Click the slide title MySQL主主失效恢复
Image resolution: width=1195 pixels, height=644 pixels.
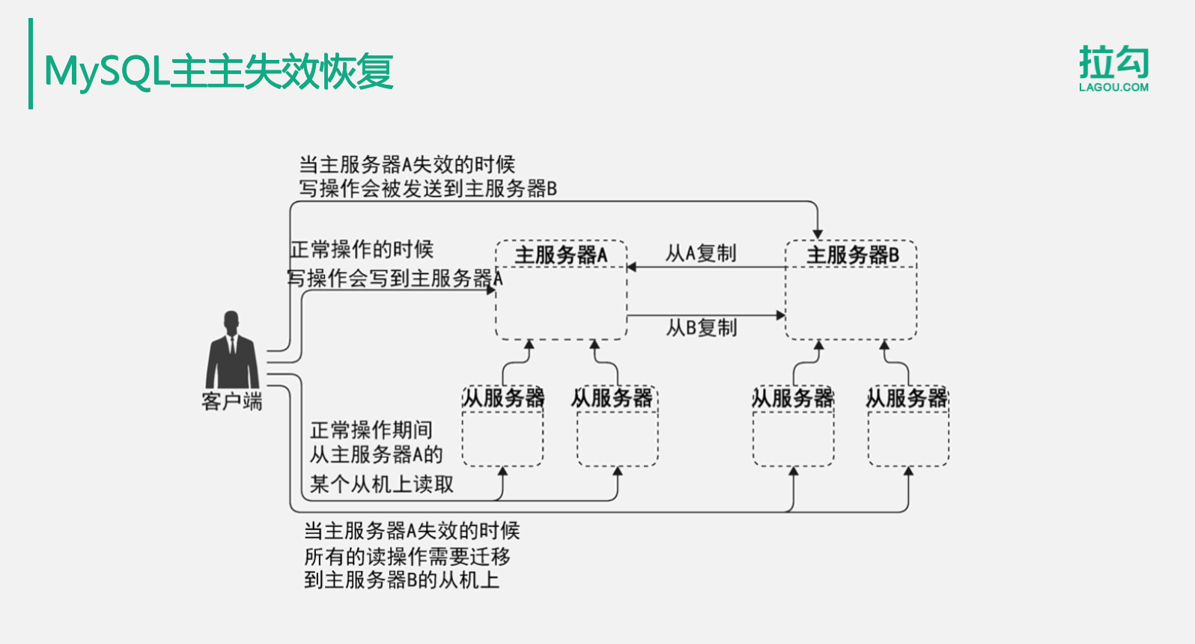(x=219, y=71)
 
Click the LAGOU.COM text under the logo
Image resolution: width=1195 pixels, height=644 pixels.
(x=1113, y=88)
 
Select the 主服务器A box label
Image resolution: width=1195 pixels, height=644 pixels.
(x=561, y=255)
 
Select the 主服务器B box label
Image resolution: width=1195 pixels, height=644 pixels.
(x=852, y=255)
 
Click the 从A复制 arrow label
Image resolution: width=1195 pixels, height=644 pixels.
(x=701, y=253)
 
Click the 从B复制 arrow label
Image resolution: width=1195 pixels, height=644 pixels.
(x=702, y=328)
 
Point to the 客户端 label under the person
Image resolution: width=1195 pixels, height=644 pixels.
(x=231, y=402)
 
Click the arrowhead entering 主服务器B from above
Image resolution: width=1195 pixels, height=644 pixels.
(x=818, y=234)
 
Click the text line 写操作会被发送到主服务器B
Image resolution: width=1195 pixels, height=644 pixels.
(x=428, y=189)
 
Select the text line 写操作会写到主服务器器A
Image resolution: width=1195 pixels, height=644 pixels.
(x=395, y=279)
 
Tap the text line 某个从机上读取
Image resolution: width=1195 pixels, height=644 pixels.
(x=382, y=484)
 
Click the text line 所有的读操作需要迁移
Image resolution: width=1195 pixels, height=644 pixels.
(x=407, y=556)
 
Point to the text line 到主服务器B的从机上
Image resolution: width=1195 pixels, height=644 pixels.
(x=401, y=580)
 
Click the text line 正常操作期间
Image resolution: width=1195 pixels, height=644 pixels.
(x=371, y=430)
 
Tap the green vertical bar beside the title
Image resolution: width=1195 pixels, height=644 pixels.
(x=31, y=64)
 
